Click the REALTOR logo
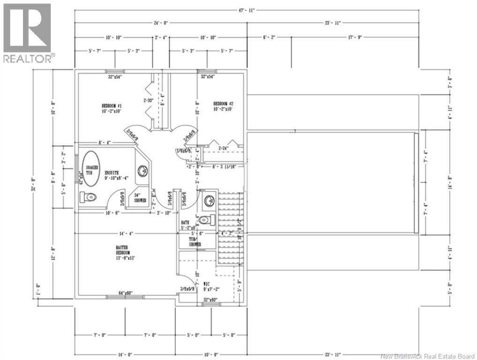pos(27,32)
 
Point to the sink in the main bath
pos(207,201)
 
